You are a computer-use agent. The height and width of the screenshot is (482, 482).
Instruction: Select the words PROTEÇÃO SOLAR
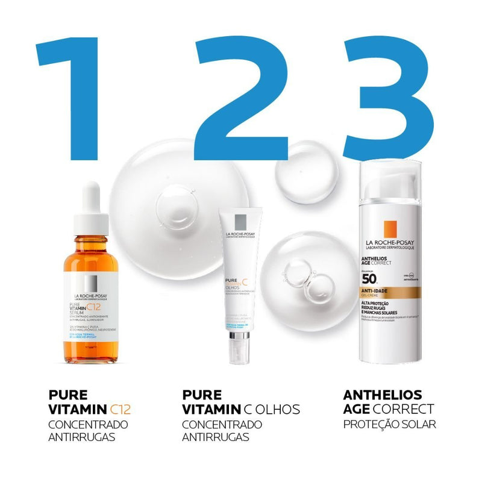click(x=389, y=425)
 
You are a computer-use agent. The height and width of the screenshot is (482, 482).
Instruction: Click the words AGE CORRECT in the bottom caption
click(x=389, y=410)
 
